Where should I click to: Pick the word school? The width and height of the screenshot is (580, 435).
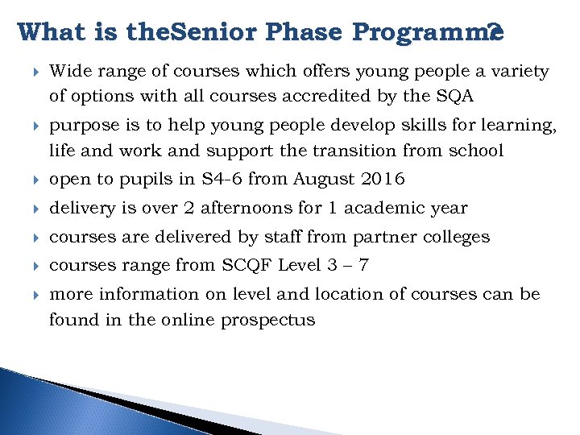pyautogui.click(x=474, y=151)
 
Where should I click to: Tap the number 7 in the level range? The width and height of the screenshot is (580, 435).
pyautogui.click(x=363, y=266)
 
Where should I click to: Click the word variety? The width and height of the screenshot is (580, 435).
pyautogui.click(x=520, y=72)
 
